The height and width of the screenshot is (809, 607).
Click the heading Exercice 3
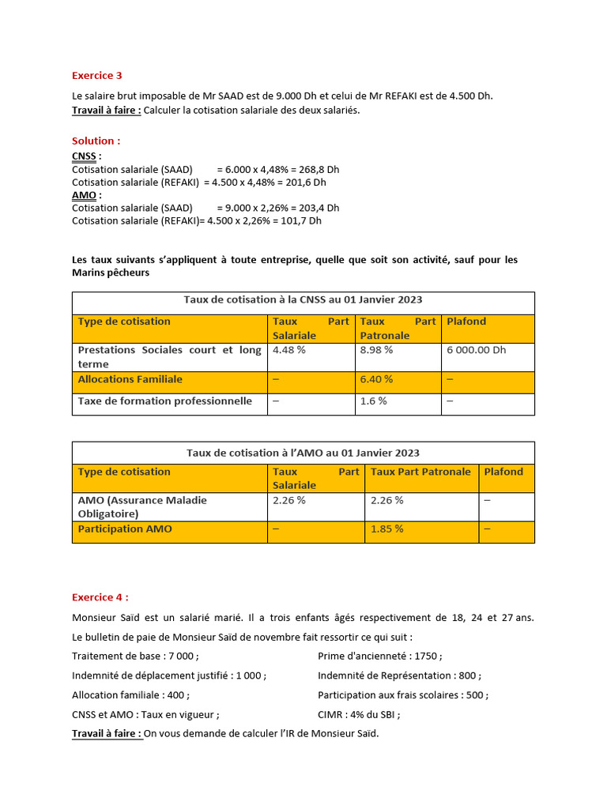coord(97,76)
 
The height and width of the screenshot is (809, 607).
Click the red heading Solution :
coord(96,141)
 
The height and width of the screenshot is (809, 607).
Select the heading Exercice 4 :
coord(100,597)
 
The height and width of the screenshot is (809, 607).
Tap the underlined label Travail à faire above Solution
coord(106,110)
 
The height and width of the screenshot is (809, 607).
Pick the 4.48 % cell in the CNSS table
coord(289,350)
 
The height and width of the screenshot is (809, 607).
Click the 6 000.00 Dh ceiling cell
coord(477,350)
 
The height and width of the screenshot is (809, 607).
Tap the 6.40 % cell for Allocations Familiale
coord(376,379)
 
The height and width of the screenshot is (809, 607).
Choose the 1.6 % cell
coord(373,401)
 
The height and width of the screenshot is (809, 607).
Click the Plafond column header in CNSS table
coord(466,322)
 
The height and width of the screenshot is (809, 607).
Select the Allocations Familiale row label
coord(130,379)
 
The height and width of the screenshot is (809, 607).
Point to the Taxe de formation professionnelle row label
coord(164,401)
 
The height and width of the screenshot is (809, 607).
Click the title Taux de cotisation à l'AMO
coord(303,453)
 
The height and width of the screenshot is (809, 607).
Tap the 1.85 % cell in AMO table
coord(387,529)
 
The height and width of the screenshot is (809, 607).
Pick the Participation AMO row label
coord(125,529)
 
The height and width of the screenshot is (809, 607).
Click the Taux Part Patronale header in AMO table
coord(420,472)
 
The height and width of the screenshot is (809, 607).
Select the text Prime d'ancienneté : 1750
coord(379,656)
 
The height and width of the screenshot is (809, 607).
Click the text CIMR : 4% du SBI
coord(359,714)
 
